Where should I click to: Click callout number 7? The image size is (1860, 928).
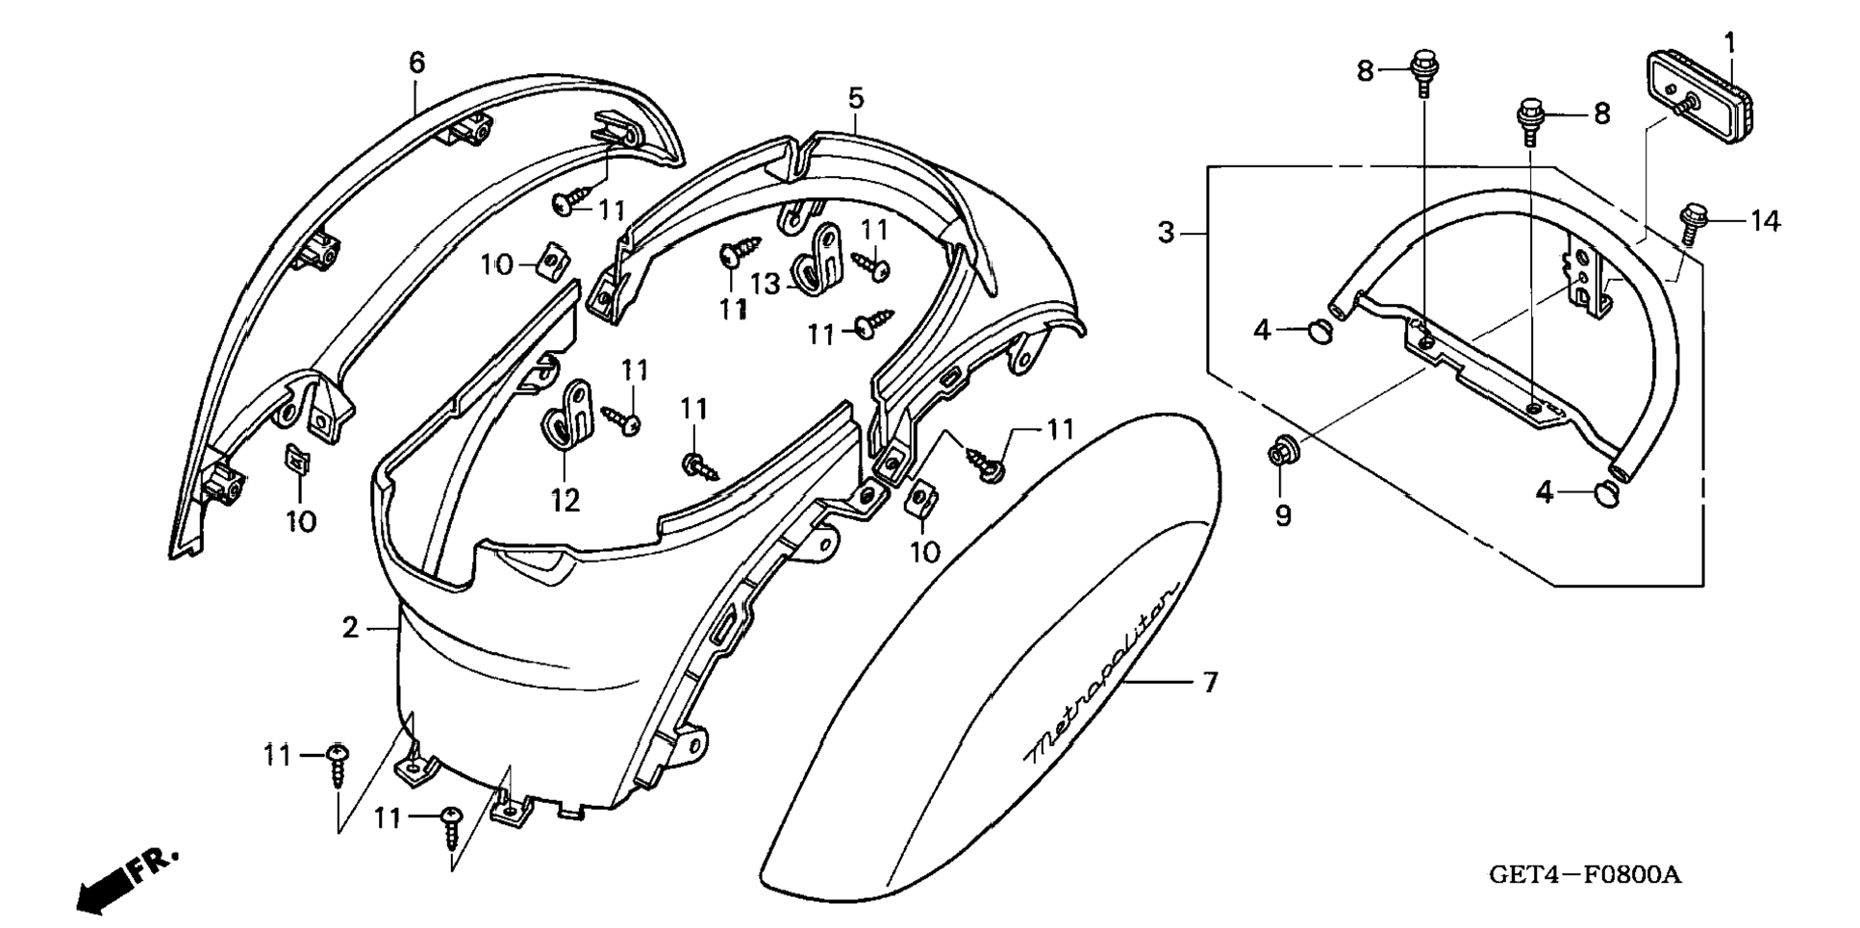(x=1210, y=683)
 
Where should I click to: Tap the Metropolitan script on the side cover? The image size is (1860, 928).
(x=1102, y=672)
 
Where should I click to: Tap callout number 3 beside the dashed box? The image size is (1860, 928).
(x=1167, y=233)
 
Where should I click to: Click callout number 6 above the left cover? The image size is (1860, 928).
(x=416, y=63)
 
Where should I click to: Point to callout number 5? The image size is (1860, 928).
(x=856, y=97)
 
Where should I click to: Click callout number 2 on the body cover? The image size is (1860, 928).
(x=350, y=628)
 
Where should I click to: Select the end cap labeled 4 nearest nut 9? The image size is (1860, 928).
(x=1320, y=333)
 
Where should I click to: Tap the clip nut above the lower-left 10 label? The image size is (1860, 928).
(x=297, y=462)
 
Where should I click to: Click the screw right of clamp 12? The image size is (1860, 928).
(x=623, y=421)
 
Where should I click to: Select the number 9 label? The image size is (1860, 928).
(x=1283, y=515)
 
